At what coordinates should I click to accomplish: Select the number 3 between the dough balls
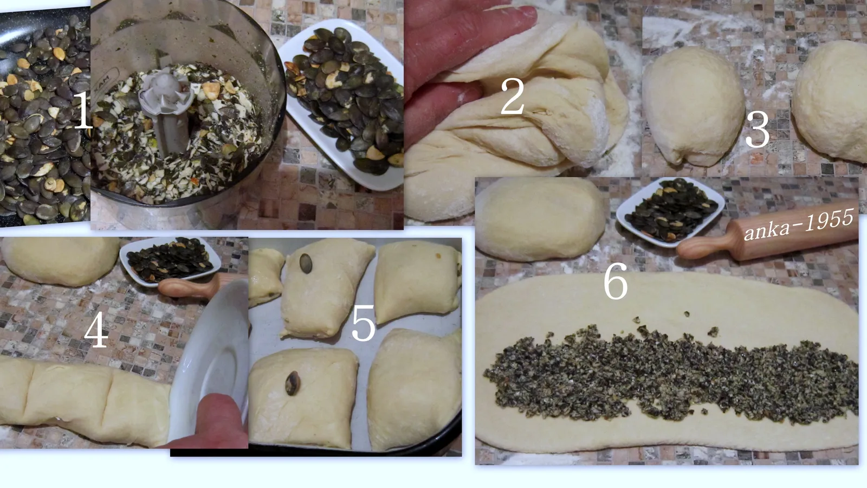(758, 129)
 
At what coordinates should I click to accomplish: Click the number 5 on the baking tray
(363, 323)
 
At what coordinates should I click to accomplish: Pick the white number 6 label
(616, 280)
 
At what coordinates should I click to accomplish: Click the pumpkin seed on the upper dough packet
(306, 264)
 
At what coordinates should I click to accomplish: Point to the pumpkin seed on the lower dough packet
(292, 383)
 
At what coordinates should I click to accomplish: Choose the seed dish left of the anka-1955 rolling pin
(670, 212)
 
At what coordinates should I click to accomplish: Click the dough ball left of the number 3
(693, 106)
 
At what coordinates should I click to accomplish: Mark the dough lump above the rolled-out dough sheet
(540, 219)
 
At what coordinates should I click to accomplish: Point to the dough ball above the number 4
(60, 261)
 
